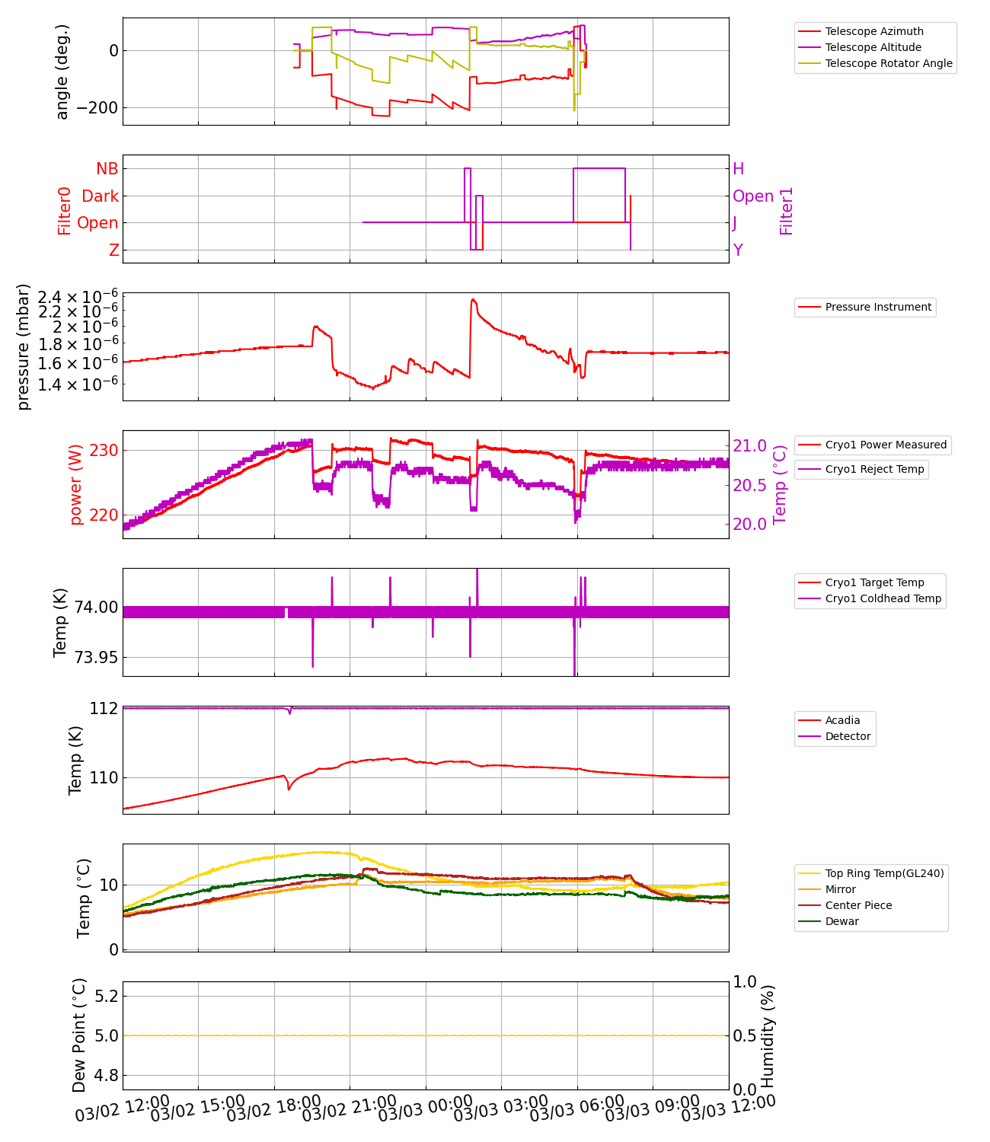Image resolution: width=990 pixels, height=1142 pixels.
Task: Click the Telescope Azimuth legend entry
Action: [874, 31]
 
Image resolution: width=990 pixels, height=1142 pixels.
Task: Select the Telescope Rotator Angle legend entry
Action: [888, 63]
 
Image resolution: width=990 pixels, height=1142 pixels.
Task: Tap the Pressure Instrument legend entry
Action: [878, 307]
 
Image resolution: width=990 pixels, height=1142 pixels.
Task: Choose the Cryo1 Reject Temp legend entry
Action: [874, 469]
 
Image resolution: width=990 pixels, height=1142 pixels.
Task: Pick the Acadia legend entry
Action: [842, 720]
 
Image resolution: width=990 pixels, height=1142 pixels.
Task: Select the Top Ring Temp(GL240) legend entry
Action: [884, 873]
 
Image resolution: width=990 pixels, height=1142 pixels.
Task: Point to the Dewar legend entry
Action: [841, 921]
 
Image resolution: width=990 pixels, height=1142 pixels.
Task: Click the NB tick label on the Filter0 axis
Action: [107, 169]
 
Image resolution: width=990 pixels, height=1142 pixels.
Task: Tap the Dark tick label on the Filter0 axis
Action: [100, 196]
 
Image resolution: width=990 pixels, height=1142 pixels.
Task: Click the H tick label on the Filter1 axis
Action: [738, 169]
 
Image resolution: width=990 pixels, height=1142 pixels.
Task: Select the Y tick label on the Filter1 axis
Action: [737, 250]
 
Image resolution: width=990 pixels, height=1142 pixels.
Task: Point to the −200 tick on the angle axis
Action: [91, 107]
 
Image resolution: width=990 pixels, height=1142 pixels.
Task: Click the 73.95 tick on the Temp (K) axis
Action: [96, 657]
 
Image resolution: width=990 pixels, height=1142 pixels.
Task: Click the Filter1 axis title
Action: [787, 211]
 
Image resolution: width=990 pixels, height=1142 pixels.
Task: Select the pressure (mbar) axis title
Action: [24, 346]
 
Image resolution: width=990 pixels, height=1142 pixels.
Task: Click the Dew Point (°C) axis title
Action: [79, 1035]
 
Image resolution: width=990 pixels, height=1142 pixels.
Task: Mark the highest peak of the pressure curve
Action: [473, 299]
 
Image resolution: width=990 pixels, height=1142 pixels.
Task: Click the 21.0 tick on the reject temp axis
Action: [751, 445]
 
